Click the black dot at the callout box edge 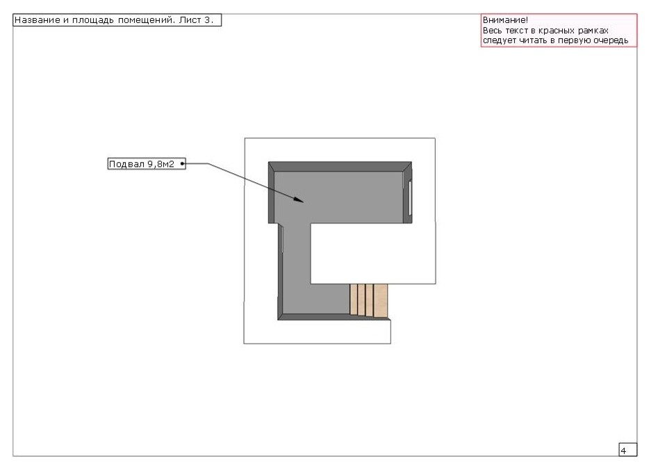tap(182, 163)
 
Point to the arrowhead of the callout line tap(299, 200)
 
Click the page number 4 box tap(628, 450)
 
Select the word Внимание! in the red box tap(505, 20)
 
